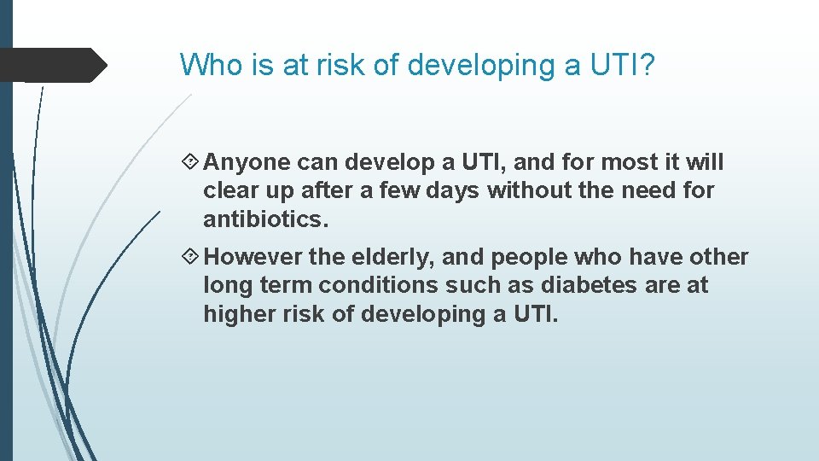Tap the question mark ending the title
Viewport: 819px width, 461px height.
coord(646,64)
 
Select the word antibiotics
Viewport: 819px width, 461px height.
coord(265,219)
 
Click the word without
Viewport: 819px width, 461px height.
coord(526,190)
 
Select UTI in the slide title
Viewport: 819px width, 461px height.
coord(608,64)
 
